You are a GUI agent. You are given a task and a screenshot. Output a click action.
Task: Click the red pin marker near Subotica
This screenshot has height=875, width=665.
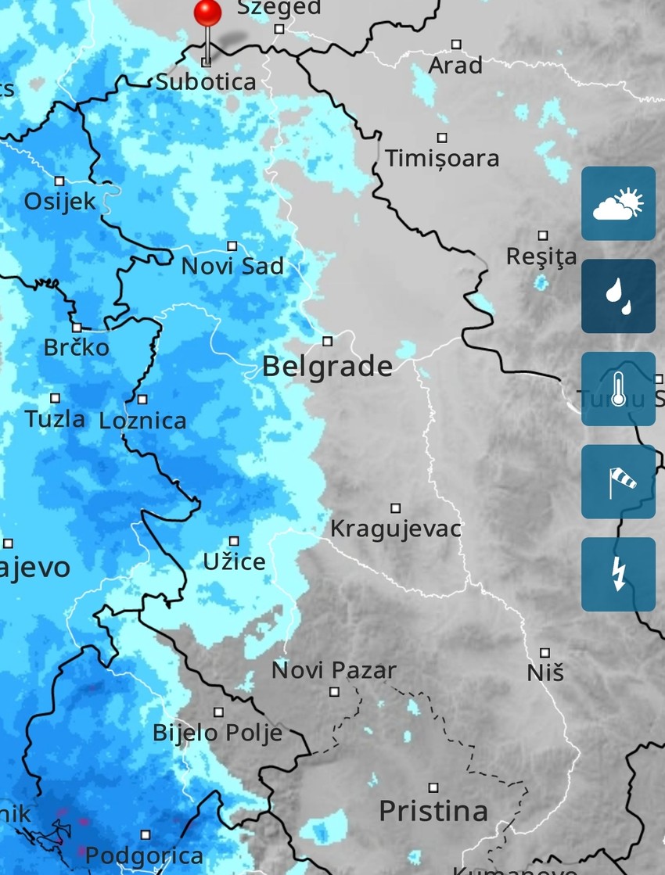tap(207, 14)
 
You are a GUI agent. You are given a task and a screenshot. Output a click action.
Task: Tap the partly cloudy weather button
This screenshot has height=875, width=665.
tap(618, 203)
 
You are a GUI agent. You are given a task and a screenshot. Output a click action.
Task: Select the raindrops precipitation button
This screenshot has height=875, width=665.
tap(618, 296)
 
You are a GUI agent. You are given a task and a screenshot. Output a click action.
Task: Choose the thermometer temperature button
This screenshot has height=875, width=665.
tap(618, 389)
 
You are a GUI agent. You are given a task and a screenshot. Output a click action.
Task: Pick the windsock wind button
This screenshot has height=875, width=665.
tap(618, 482)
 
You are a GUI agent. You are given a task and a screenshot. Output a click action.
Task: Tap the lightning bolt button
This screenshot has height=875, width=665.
tap(618, 574)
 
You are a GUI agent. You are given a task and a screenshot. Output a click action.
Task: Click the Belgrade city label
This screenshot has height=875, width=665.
tap(327, 366)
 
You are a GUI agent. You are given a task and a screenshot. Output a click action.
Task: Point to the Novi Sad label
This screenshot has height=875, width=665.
tap(232, 266)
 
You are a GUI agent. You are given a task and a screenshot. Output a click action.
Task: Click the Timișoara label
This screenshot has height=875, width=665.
tap(442, 159)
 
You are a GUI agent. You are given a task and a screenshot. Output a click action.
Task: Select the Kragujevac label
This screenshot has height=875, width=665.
tap(396, 529)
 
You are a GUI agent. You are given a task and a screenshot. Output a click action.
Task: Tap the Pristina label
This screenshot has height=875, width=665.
tap(433, 811)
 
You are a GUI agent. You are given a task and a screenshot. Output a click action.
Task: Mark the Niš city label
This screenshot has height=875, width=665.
tap(545, 672)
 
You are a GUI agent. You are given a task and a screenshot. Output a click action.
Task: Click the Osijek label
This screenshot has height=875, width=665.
tap(59, 202)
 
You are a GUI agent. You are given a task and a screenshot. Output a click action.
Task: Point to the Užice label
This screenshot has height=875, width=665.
tap(234, 561)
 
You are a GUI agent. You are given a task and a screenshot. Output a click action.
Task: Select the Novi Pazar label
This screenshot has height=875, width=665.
tap(334, 670)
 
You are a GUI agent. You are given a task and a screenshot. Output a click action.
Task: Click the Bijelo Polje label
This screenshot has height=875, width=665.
tap(217, 733)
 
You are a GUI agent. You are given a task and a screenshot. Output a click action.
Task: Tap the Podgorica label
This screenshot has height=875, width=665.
tap(144, 855)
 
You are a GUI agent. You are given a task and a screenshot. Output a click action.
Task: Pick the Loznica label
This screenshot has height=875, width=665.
tap(143, 421)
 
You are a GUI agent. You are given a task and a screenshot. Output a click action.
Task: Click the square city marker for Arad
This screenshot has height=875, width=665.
tap(456, 45)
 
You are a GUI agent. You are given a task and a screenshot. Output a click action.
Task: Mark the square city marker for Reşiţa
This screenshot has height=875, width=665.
tap(543, 235)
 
